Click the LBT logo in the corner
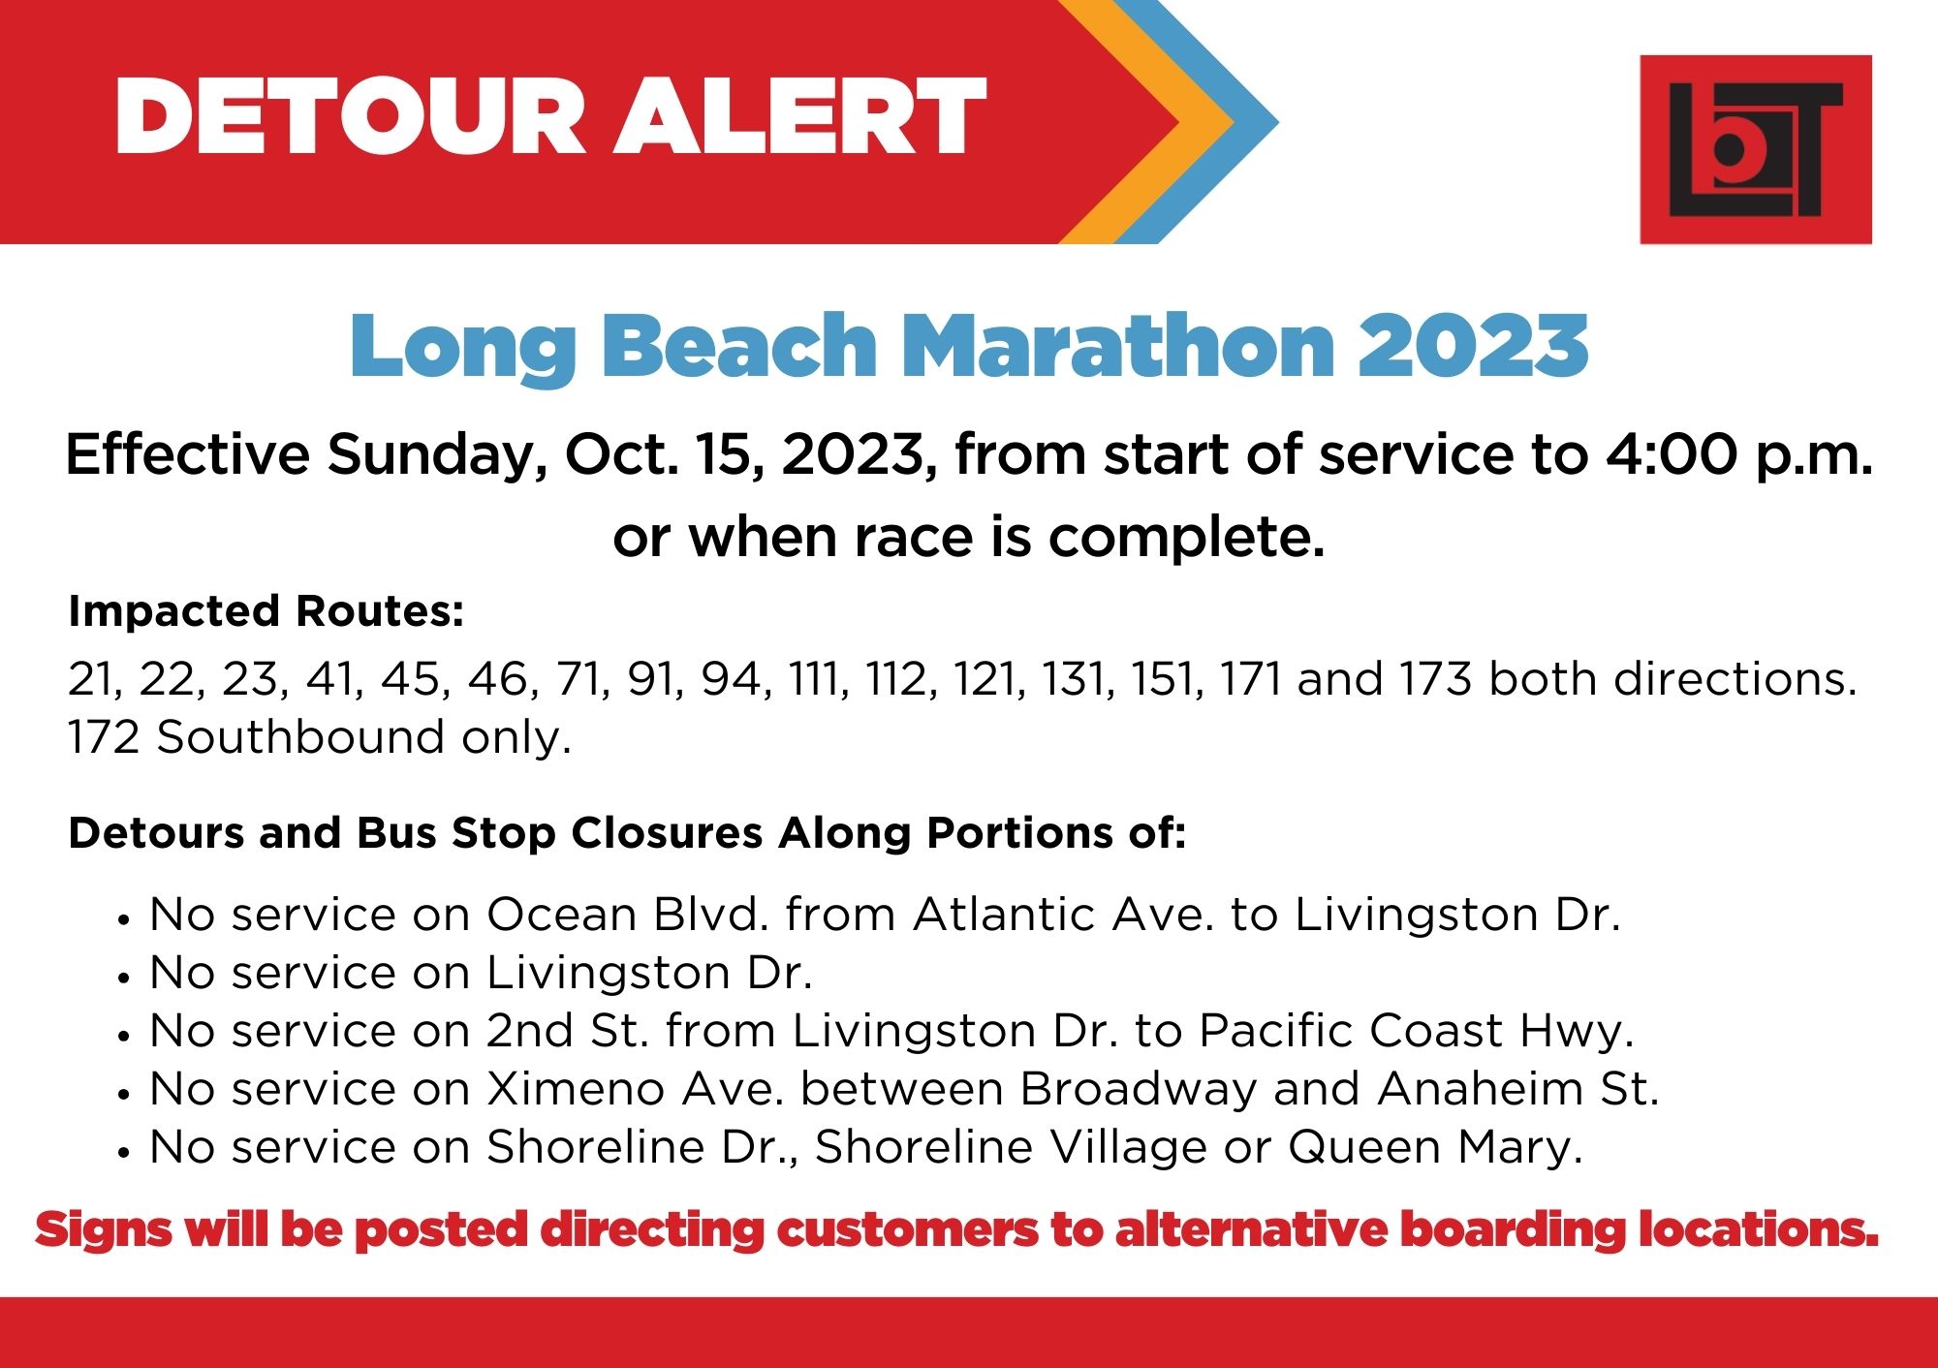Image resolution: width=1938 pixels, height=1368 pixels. (1755, 149)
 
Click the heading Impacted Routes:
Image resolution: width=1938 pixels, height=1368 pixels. (266, 611)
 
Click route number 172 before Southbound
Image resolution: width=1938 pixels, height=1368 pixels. (104, 737)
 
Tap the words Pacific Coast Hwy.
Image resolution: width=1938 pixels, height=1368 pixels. (1416, 1031)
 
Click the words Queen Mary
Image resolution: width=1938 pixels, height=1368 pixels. (1435, 1147)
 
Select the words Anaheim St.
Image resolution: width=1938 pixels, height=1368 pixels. (1517, 1089)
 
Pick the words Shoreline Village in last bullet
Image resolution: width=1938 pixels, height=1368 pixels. (1011, 1147)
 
